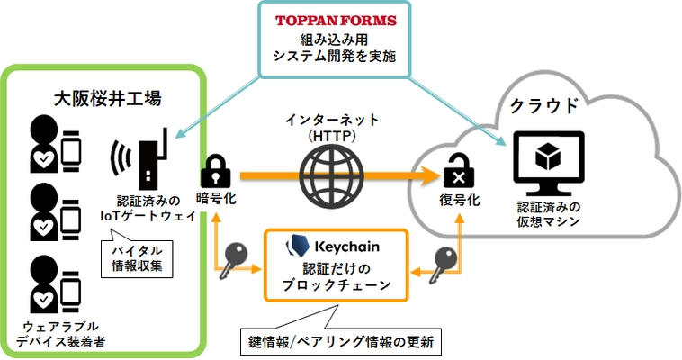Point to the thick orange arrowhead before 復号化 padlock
(x=424, y=173)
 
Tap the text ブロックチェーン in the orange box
(x=336, y=285)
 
